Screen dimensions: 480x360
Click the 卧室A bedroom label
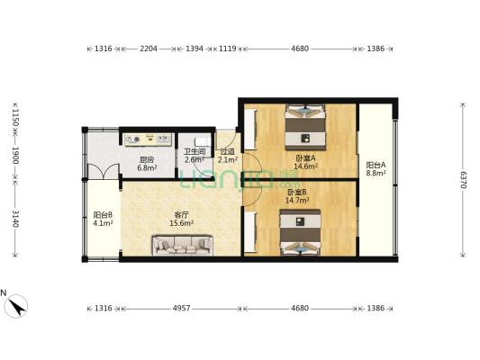[305, 158]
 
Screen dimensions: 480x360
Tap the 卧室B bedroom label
[297, 192]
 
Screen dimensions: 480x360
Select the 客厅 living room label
[181, 215]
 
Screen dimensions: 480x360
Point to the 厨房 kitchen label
[147, 159]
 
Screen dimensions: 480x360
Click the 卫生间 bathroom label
[195, 152]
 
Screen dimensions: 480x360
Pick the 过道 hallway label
[228, 152]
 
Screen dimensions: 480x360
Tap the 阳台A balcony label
[376, 166]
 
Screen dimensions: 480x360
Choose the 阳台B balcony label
[103, 215]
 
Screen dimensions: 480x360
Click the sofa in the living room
[183, 246]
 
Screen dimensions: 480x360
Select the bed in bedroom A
[305, 127]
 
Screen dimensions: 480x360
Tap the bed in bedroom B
[300, 232]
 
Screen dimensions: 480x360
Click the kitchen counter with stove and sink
[149, 139]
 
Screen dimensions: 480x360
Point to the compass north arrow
[16, 306]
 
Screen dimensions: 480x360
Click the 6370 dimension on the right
[463, 179]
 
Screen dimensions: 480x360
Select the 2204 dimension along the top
[149, 49]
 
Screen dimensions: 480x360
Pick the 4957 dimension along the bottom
[182, 309]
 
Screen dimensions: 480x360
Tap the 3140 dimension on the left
[15, 219]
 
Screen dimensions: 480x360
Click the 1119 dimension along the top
[228, 49]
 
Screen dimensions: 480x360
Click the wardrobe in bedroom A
[250, 129]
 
